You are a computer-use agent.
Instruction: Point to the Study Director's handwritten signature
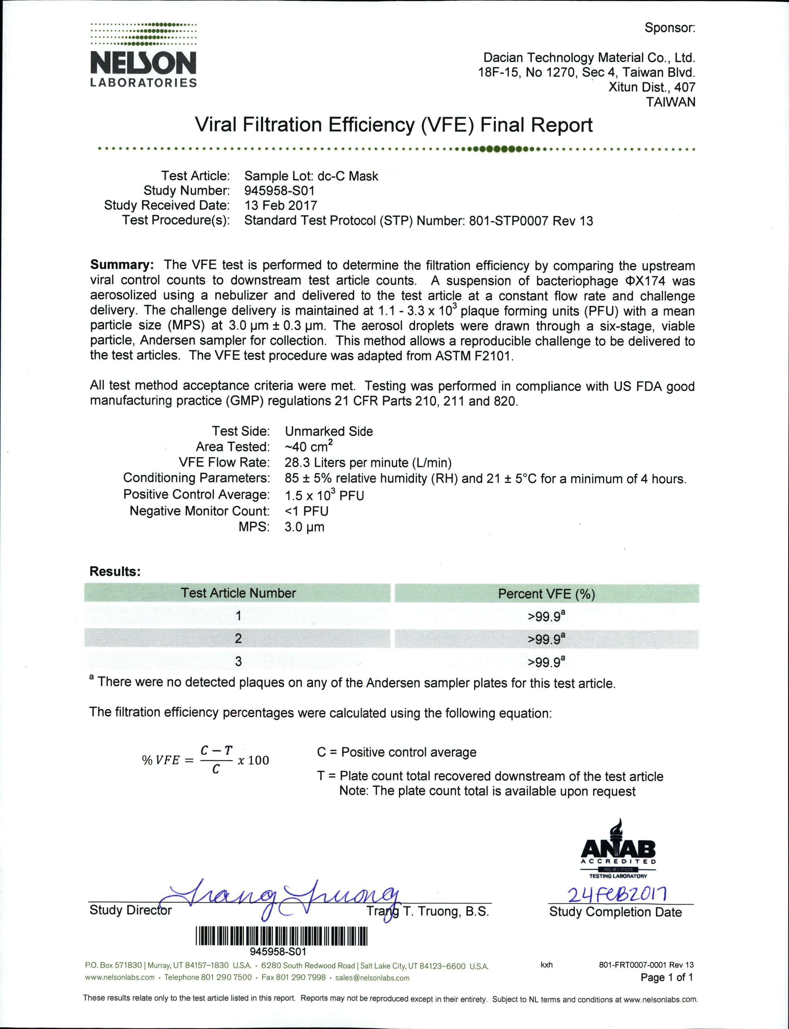(282, 899)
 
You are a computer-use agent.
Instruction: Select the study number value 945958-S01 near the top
(279, 191)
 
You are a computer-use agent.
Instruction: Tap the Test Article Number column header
(238, 593)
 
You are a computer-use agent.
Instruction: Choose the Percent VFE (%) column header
(546, 594)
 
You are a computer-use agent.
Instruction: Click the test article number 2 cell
(238, 638)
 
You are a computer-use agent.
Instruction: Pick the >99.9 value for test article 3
(546, 661)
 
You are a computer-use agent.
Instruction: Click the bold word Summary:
(122, 265)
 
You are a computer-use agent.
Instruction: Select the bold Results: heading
(115, 571)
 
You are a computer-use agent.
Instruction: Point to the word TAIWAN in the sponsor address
(670, 102)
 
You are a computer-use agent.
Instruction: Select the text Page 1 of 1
(666, 977)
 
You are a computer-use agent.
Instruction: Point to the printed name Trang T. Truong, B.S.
(427, 911)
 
